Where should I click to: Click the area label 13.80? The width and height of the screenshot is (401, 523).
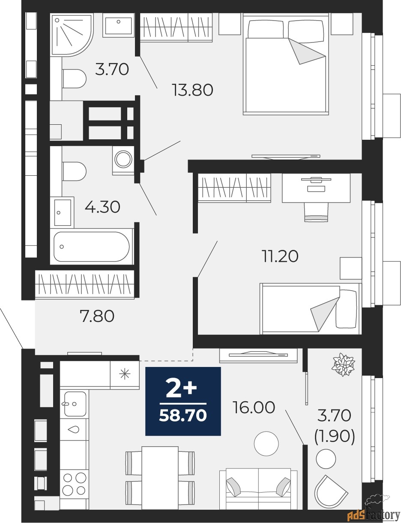[x=192, y=90]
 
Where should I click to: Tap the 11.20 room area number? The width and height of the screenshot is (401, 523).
[x=280, y=256]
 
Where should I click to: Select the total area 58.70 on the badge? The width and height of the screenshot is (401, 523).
[x=183, y=415]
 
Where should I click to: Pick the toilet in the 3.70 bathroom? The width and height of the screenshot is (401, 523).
[x=75, y=78]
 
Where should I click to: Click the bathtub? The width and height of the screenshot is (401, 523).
[x=91, y=247]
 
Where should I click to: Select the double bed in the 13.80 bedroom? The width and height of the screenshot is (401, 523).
[x=286, y=64]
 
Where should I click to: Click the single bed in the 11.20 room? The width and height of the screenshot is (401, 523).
[x=310, y=308]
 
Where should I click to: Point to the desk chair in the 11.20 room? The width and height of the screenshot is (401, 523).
[x=316, y=212]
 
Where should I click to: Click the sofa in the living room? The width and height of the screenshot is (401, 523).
[x=258, y=489]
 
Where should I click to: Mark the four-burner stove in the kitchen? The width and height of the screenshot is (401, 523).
[x=74, y=483]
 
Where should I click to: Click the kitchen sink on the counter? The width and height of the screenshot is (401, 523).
[x=75, y=404]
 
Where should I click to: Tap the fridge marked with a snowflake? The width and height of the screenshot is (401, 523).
[x=125, y=375]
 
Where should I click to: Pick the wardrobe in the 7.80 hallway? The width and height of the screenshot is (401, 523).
[x=85, y=284]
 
